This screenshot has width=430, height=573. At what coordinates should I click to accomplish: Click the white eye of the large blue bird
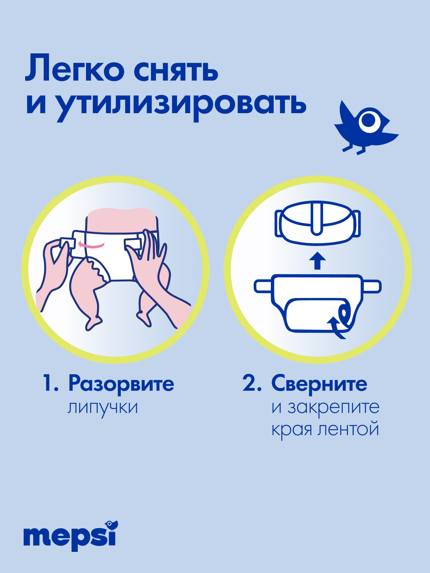(x=369, y=120)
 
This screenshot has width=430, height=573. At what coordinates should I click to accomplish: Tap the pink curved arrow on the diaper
(x=91, y=245)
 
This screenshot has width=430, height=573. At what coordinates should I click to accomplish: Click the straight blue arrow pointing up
(x=317, y=261)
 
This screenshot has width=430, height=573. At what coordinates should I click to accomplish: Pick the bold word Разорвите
(x=121, y=384)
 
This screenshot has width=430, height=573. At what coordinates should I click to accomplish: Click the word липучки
(x=103, y=408)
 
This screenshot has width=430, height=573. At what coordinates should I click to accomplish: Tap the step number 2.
(x=252, y=384)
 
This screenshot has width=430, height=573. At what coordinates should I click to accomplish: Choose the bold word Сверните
(x=319, y=384)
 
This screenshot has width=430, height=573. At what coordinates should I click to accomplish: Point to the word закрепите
(x=333, y=408)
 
